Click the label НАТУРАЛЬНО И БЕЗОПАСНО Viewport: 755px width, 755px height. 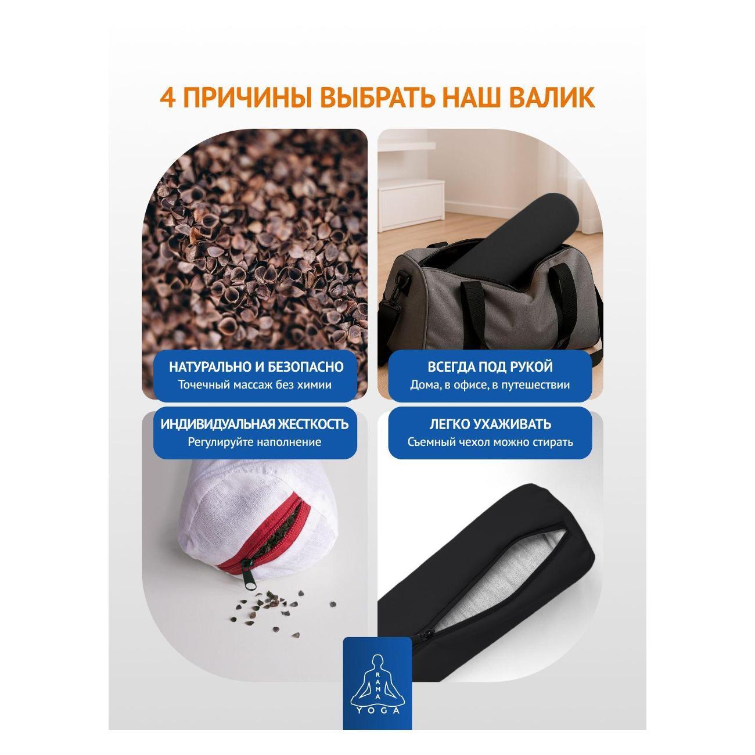click(x=256, y=366)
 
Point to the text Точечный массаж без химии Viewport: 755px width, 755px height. click(x=255, y=384)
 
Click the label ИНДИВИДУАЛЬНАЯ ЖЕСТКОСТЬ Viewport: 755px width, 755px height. click(x=255, y=425)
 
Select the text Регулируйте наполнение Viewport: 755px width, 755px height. click(x=255, y=443)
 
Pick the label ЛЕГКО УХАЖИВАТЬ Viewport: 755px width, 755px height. click(x=490, y=425)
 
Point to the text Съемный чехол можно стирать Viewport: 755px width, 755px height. click(x=490, y=443)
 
